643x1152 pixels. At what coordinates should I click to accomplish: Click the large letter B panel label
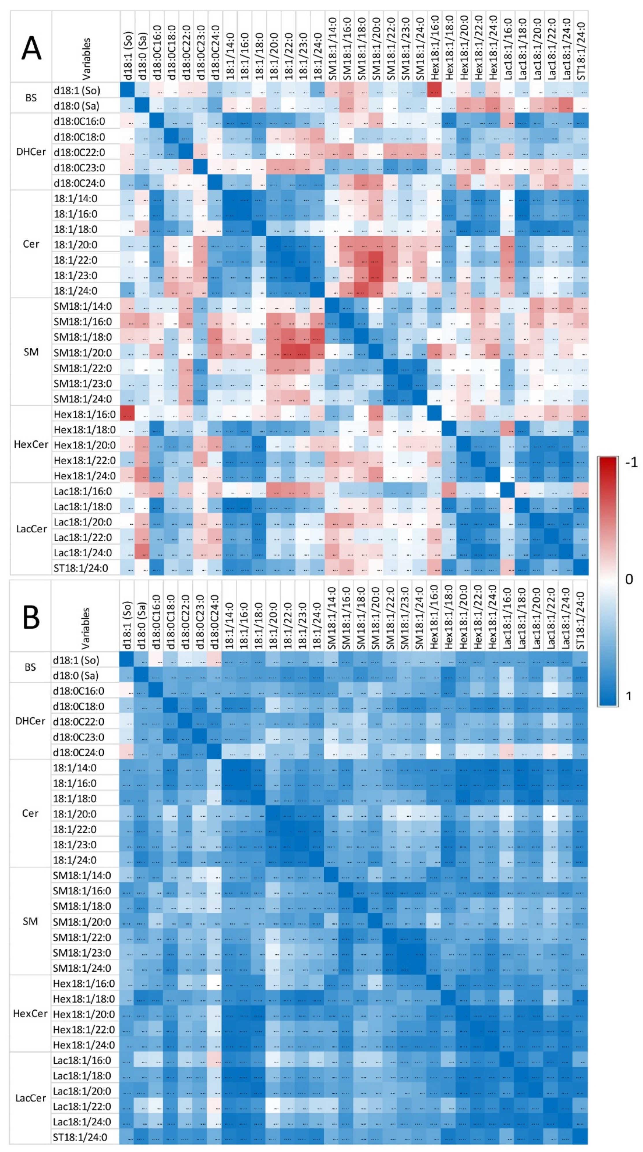(31, 617)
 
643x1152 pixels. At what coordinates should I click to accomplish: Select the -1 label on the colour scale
(631, 462)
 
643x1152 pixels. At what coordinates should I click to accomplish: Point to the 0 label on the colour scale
(629, 579)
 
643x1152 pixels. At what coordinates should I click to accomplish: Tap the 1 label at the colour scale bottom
(628, 695)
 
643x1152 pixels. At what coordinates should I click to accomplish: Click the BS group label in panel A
(31, 98)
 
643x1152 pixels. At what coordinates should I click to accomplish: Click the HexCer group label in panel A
(31, 444)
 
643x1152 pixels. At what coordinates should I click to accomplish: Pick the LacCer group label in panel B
(30, 1098)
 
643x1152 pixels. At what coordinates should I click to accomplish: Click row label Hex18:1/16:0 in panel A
(85, 414)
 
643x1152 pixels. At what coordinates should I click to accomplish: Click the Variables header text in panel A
(86, 58)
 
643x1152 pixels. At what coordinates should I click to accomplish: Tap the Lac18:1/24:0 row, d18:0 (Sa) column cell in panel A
(142, 552)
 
